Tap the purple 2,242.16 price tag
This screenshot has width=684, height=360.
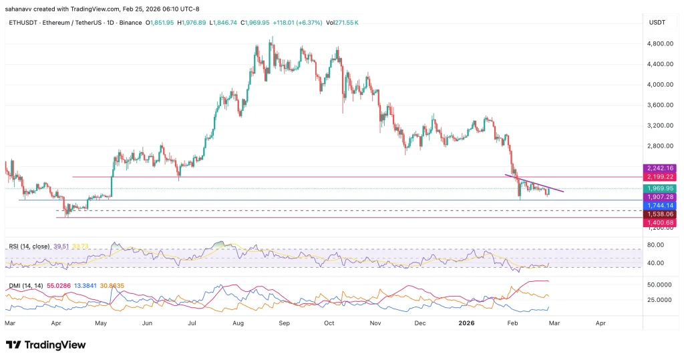coord(659,168)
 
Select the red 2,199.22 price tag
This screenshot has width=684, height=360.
coord(659,177)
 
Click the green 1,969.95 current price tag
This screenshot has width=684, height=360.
coord(659,189)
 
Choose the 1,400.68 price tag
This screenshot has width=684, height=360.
coord(659,222)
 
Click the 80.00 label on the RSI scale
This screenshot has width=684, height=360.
coord(655,245)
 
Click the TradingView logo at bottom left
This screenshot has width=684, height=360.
coord(46,345)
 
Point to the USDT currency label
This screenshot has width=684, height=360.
coord(657,23)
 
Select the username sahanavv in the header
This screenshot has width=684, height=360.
coord(19,9)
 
